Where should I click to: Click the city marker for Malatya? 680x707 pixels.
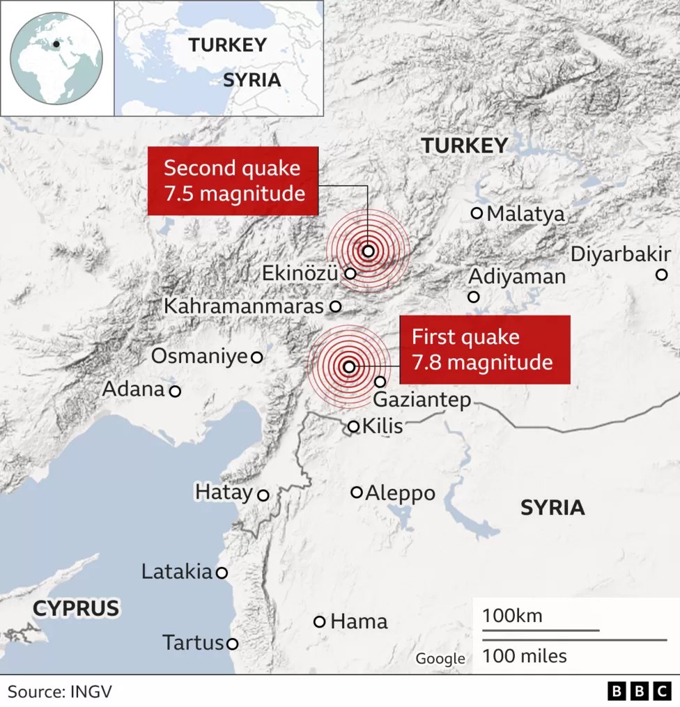(x=477, y=213)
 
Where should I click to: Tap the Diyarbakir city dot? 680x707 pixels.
(x=661, y=274)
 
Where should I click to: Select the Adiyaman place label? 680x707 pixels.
(x=516, y=277)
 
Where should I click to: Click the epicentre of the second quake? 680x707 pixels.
(x=368, y=251)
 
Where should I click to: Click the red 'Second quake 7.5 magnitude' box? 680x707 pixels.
(x=233, y=180)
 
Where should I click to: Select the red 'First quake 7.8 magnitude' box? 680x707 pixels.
(x=484, y=350)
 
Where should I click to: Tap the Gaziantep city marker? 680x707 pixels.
(x=380, y=382)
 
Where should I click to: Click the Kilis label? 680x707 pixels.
(x=382, y=426)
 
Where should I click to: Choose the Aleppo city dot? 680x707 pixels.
(x=357, y=492)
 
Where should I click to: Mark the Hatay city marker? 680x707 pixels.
(x=263, y=495)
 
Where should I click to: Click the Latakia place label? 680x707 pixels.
(x=176, y=572)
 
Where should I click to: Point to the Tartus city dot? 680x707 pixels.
(x=232, y=644)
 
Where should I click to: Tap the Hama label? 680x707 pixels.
(x=359, y=621)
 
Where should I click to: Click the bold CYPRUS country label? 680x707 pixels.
(x=76, y=608)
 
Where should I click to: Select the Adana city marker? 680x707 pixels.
(x=175, y=391)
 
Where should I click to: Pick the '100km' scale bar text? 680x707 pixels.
(x=512, y=616)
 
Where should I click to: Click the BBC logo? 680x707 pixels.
(x=639, y=691)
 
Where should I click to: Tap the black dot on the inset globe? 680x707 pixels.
(x=56, y=44)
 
